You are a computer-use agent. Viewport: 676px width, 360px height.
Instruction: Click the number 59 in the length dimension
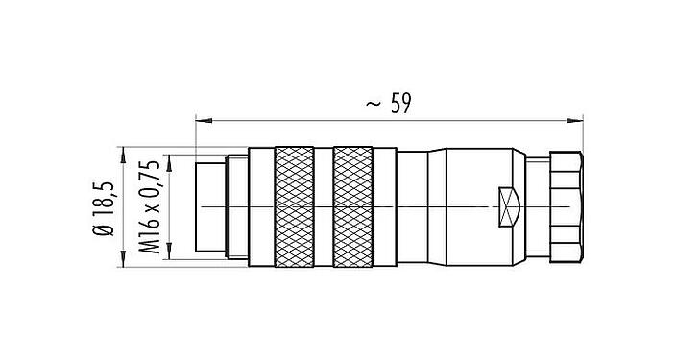point(400,103)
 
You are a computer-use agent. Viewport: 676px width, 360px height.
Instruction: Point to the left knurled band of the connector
point(294,206)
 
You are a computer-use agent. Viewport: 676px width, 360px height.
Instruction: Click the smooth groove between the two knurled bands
point(324,206)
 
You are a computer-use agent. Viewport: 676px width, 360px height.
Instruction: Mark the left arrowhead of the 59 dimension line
point(200,120)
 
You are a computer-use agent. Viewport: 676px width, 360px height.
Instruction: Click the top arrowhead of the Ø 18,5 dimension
point(123,151)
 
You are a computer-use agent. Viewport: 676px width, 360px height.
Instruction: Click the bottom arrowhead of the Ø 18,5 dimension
point(123,261)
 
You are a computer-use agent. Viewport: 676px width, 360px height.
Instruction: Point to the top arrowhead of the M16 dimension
point(169,157)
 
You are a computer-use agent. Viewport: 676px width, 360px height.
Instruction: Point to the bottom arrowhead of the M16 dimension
point(169,254)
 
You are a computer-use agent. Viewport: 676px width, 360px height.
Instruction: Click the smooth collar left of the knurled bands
point(260,206)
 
